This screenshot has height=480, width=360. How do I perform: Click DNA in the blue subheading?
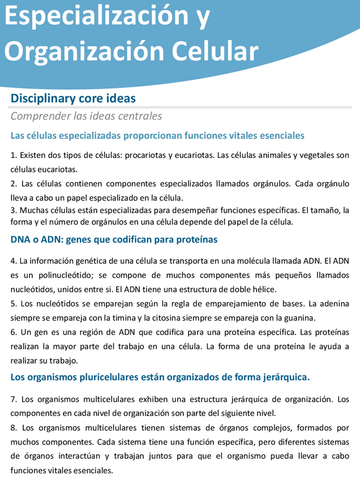[22, 240]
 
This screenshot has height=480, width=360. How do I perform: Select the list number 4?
[13, 262]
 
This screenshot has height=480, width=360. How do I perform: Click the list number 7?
[13, 400]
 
